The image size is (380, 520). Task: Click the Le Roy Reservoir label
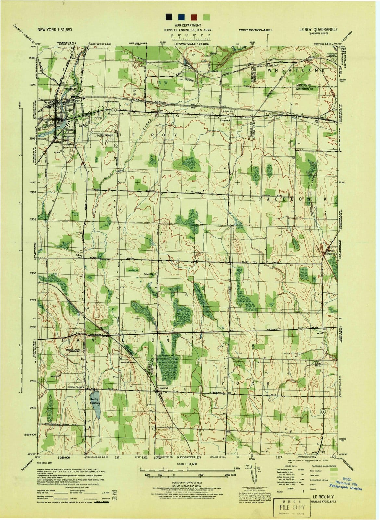95,401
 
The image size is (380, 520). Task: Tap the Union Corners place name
76,387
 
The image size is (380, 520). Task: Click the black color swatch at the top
169,17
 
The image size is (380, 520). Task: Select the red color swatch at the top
194,17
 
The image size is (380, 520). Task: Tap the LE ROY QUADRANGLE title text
318,29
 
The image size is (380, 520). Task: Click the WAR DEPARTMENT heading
187,25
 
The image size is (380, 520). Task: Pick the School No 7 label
229,112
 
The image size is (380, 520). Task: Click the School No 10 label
317,364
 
